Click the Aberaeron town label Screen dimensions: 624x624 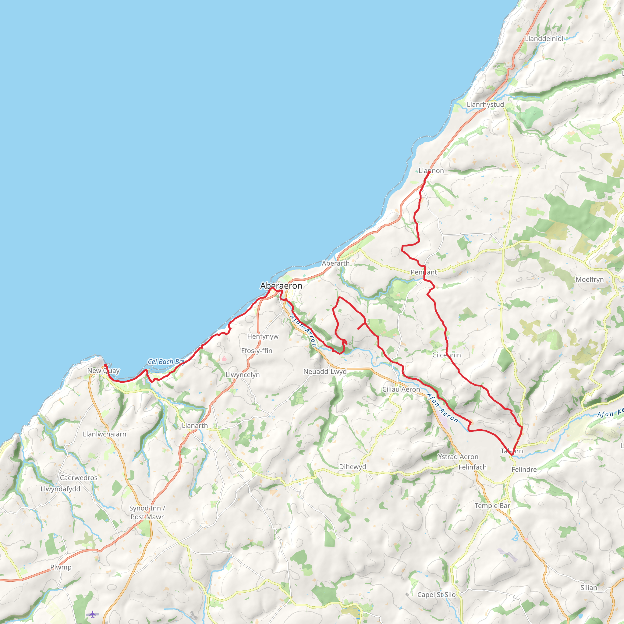coord(281,286)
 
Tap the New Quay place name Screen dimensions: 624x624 coord(103,371)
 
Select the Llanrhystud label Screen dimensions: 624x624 coord(485,105)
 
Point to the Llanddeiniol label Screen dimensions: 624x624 coord(544,39)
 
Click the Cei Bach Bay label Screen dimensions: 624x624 coord(166,362)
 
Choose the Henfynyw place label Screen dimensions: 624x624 coord(263,337)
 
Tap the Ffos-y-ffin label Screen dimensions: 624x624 coord(257,351)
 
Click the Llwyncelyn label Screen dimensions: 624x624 coord(243,375)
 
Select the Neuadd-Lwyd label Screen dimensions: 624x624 coord(325,372)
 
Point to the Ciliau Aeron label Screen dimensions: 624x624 coord(401,389)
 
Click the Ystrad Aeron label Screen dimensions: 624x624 coord(458,457)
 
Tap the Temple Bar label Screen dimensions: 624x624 coord(492,506)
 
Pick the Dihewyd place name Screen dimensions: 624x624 coord(353,467)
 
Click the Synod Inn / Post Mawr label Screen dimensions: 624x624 coord(147,512)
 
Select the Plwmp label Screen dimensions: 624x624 coord(61,567)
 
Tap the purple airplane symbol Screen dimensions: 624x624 coord(93,614)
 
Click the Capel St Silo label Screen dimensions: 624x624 coord(436,595)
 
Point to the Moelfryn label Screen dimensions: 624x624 coord(590,279)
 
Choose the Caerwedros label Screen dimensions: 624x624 coord(79,478)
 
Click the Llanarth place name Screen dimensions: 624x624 coord(195,426)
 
